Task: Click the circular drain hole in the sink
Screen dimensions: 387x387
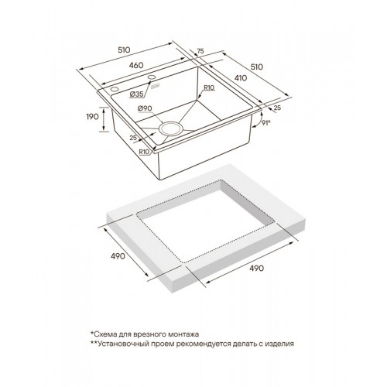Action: coord(171,129)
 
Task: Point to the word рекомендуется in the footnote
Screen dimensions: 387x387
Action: coord(217,344)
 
